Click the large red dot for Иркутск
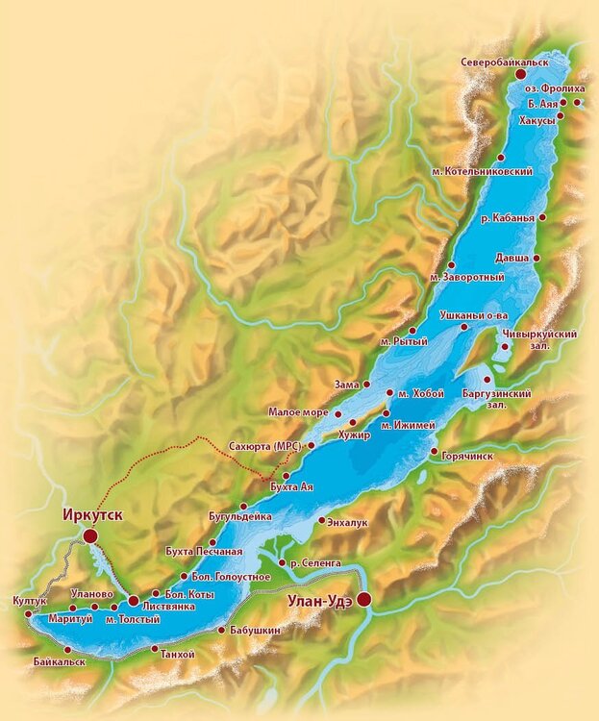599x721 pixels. click(90, 535)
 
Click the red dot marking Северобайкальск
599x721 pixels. click(521, 73)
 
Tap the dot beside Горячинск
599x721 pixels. click(435, 452)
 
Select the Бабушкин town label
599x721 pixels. click(256, 631)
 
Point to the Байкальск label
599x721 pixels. click(59, 661)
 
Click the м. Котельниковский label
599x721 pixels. click(482, 170)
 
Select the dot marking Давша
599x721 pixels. click(537, 258)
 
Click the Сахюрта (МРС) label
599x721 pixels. click(265, 446)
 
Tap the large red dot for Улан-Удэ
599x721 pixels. click(364, 600)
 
